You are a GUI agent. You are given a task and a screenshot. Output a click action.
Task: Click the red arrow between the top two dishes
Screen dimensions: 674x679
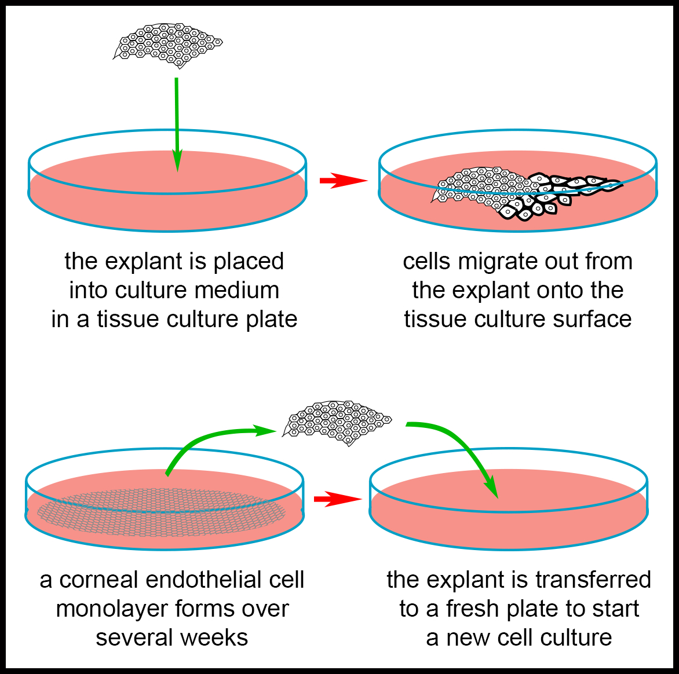tap(342, 181)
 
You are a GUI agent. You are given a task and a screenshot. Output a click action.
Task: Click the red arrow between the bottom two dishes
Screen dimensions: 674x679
tap(337, 499)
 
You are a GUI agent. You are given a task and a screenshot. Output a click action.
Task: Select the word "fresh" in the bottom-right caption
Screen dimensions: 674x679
tap(473, 609)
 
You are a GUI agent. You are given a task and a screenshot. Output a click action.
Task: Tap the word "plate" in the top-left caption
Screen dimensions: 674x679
tap(271, 319)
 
